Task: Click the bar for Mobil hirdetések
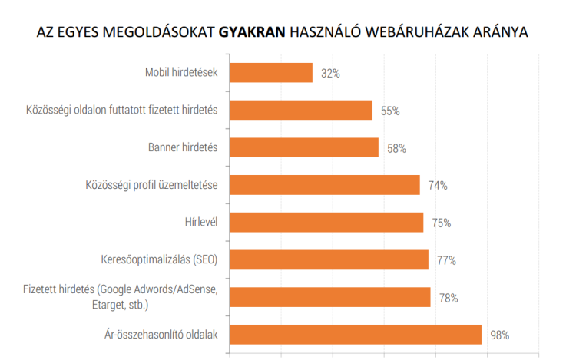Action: (271, 73)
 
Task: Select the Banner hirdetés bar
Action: (304, 147)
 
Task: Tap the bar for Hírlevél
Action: (326, 223)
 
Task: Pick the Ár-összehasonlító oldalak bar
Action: (356, 335)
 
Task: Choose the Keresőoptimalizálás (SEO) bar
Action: (329, 259)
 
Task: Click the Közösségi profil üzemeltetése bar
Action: (325, 185)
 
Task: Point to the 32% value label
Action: (331, 74)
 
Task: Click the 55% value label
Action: (390, 111)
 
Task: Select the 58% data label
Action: (396, 148)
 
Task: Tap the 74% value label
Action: (439, 186)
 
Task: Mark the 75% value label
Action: (442, 223)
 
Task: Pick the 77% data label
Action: (447, 260)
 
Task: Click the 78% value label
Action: (449, 298)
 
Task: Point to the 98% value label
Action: (500, 335)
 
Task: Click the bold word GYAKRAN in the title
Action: (253, 33)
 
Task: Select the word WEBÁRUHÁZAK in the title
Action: (429, 33)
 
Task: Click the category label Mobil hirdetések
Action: (181, 73)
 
